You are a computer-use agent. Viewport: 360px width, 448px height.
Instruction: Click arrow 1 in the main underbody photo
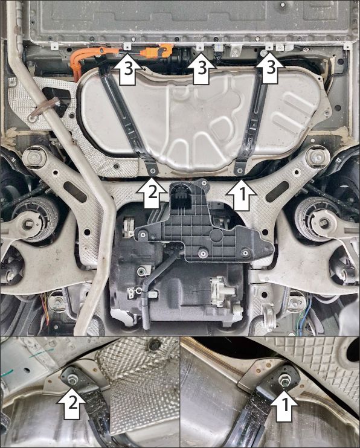(x=242, y=195)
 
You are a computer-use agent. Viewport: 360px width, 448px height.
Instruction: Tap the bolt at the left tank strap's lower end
(x=152, y=171)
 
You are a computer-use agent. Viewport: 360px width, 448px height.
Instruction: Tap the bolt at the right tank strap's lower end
(x=240, y=171)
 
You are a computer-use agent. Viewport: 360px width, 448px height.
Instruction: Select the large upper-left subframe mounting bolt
(x=34, y=158)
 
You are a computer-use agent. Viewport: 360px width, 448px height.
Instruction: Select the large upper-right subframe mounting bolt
(x=317, y=157)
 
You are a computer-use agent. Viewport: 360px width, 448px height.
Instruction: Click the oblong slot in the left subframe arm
(x=75, y=191)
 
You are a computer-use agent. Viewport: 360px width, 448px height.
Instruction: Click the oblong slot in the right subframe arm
(x=277, y=191)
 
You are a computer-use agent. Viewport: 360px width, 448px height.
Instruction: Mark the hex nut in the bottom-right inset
(x=284, y=379)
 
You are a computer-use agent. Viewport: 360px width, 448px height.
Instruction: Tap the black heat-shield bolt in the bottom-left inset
(x=153, y=345)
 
